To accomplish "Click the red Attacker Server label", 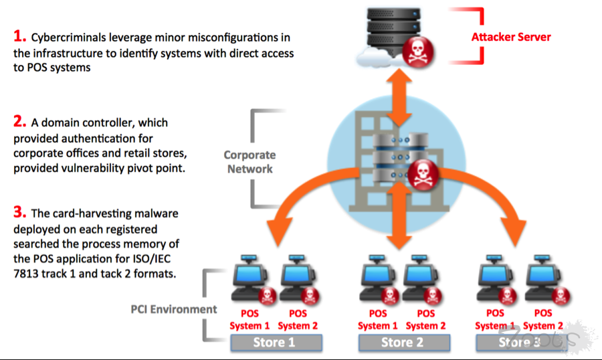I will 511,36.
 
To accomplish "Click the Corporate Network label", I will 249,162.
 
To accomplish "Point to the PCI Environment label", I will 174,309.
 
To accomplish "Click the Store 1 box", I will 276,343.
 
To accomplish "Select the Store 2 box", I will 403,343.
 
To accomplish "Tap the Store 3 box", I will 518,343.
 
